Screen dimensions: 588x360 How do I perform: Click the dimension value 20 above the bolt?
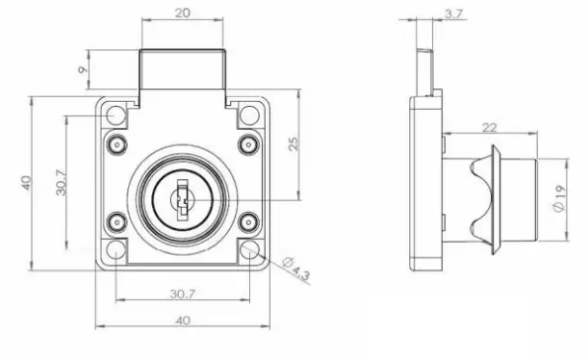pyautogui.click(x=183, y=13)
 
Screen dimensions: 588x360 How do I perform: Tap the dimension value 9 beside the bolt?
pyautogui.click(x=83, y=69)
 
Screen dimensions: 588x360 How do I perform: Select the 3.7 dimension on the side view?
pyautogui.click(x=453, y=14)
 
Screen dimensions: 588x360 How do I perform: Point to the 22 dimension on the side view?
pyautogui.click(x=490, y=128)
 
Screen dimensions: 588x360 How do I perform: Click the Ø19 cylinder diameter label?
pyautogui.click(x=558, y=198)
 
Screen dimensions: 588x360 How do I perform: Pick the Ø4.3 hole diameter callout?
pyautogui.click(x=296, y=268)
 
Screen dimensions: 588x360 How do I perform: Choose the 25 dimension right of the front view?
pyautogui.click(x=294, y=144)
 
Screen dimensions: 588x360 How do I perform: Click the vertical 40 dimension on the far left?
pyautogui.click(x=26, y=183)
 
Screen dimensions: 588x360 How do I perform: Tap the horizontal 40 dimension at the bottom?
pyautogui.click(x=183, y=321)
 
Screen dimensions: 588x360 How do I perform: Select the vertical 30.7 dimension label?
pyautogui.click(x=62, y=183)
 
